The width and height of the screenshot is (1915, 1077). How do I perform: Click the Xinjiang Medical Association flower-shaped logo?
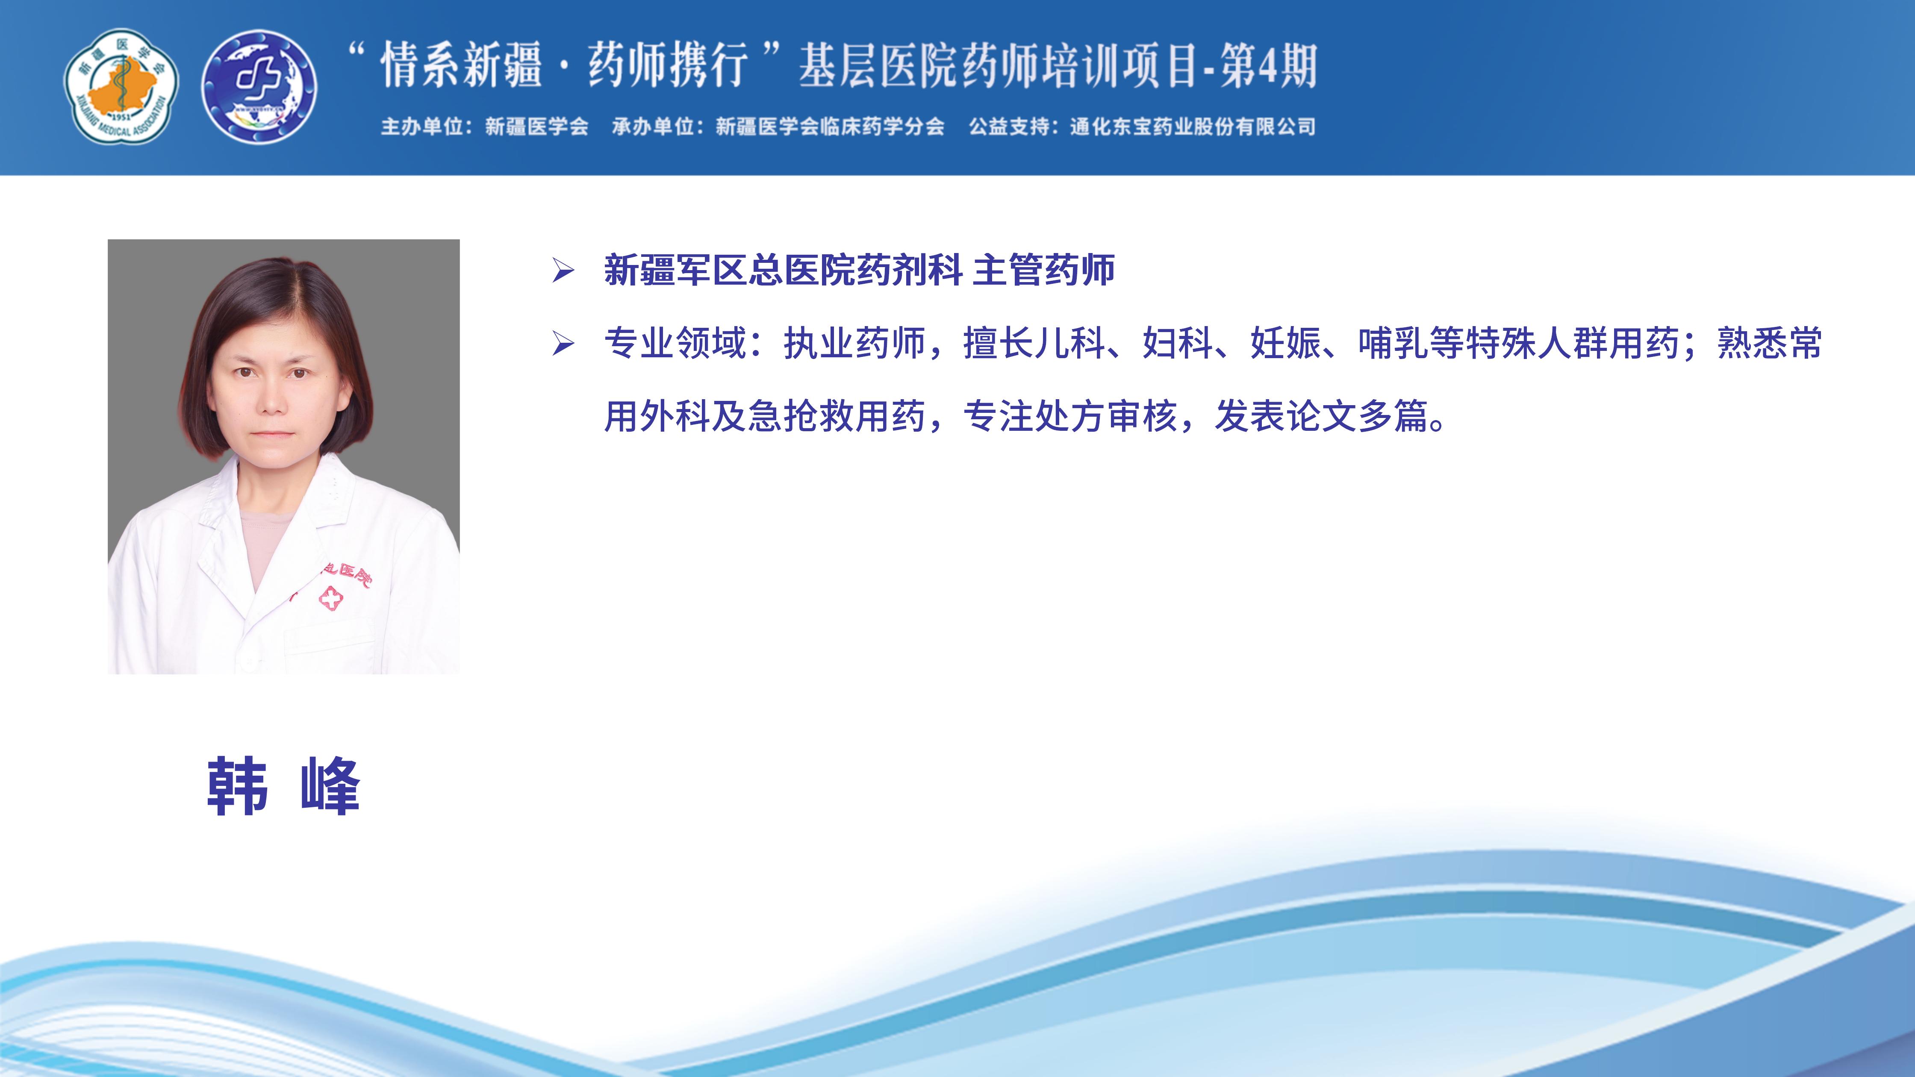coord(121,86)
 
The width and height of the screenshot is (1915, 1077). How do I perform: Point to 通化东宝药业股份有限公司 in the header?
coord(1193,127)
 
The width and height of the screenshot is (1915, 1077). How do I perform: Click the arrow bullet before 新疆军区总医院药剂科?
coord(563,271)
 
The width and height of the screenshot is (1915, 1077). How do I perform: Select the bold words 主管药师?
coord(1044,270)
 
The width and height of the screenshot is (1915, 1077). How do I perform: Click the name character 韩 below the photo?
coord(237,786)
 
